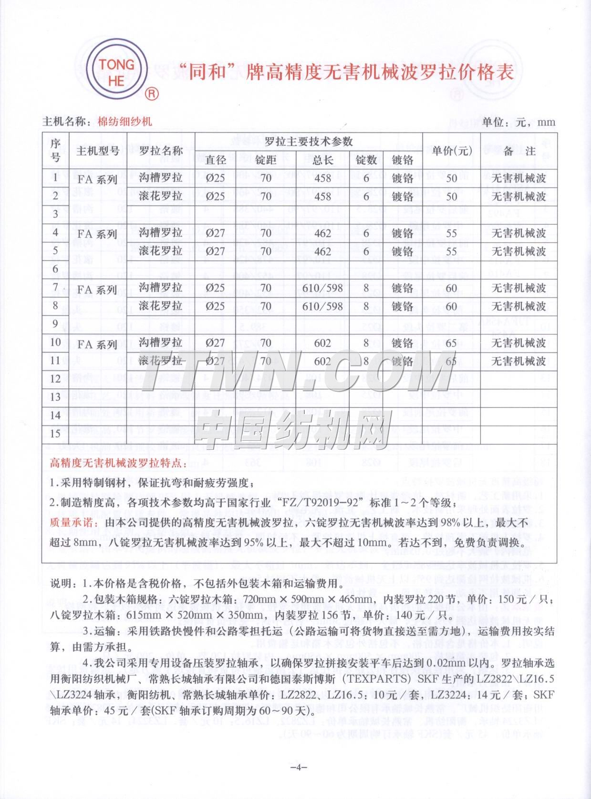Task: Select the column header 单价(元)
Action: (x=452, y=151)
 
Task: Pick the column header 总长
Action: (x=323, y=160)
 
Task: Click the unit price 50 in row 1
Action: (x=451, y=178)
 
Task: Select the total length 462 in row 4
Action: (x=323, y=233)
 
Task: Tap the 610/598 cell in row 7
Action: (x=323, y=288)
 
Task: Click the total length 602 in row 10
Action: (x=323, y=343)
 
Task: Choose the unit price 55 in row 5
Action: (x=451, y=251)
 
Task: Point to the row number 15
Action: (x=55, y=433)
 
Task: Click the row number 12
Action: (x=55, y=379)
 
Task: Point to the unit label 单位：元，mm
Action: (x=519, y=122)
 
